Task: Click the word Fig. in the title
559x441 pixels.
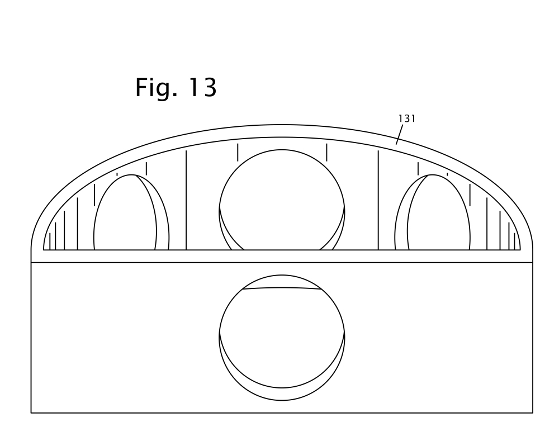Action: [x=156, y=88]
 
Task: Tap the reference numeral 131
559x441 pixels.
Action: [x=407, y=118]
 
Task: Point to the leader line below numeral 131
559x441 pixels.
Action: [x=399, y=134]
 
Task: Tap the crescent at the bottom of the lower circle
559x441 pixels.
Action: [x=282, y=394]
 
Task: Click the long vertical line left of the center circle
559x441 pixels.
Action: [x=186, y=200]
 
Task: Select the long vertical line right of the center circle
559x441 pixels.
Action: [x=378, y=200]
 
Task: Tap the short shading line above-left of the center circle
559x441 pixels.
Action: [x=238, y=152]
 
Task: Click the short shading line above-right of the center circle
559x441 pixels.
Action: [x=326, y=152]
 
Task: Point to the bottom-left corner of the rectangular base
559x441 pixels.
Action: [x=31, y=413]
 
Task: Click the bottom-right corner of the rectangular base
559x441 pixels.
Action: [x=533, y=413]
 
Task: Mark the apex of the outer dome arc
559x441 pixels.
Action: [x=282, y=125]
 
